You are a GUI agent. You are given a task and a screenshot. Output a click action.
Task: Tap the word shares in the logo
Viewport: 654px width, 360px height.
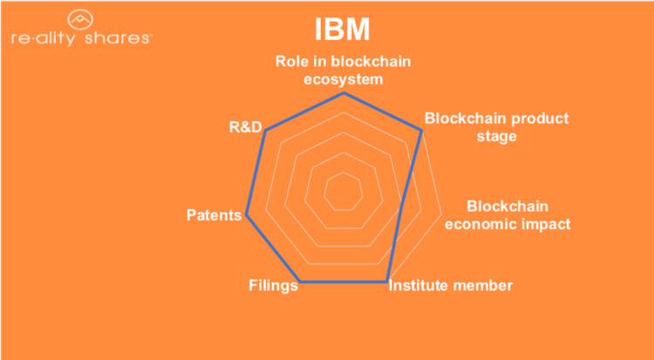coord(117,39)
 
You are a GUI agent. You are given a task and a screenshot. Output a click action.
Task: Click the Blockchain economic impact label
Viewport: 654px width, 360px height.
coord(508,215)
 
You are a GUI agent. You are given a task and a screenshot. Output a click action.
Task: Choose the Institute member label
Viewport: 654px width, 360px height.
coord(451,285)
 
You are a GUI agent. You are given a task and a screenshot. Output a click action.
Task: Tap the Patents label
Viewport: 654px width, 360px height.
coord(214,214)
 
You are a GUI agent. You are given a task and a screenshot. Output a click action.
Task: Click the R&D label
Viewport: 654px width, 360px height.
coord(245,127)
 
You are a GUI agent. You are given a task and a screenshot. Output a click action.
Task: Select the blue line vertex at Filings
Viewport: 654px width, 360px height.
coord(300,281)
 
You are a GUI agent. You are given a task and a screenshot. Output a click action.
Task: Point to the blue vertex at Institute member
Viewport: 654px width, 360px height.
coord(386,281)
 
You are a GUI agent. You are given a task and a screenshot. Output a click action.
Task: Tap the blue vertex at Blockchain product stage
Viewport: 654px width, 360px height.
coord(421,131)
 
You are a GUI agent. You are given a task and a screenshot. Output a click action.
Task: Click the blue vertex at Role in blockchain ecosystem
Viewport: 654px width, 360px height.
coord(344,92)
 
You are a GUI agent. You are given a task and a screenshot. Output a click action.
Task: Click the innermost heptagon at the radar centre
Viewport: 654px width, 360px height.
coord(344,192)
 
